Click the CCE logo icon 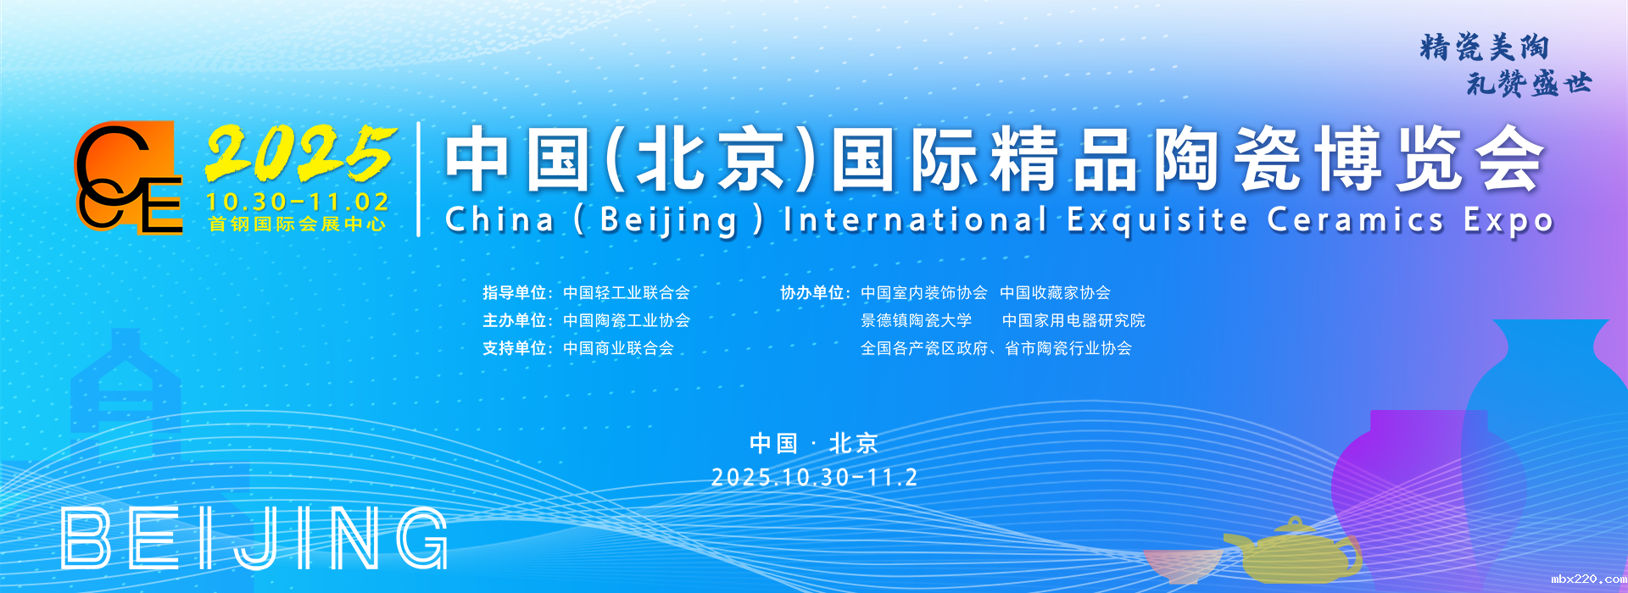[129, 177]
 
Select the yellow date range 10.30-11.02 [298, 202]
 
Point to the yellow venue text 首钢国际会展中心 [298, 224]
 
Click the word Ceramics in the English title [1356, 220]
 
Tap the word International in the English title [916, 220]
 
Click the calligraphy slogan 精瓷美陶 [1485, 47]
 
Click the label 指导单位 [514, 293]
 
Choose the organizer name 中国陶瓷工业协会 [627, 321]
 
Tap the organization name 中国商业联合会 [618, 348]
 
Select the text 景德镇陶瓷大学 [917, 321]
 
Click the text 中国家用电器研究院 [1073, 321]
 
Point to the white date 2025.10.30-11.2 [814, 478]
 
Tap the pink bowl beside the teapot [1184, 565]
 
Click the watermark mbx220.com [1588, 579]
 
